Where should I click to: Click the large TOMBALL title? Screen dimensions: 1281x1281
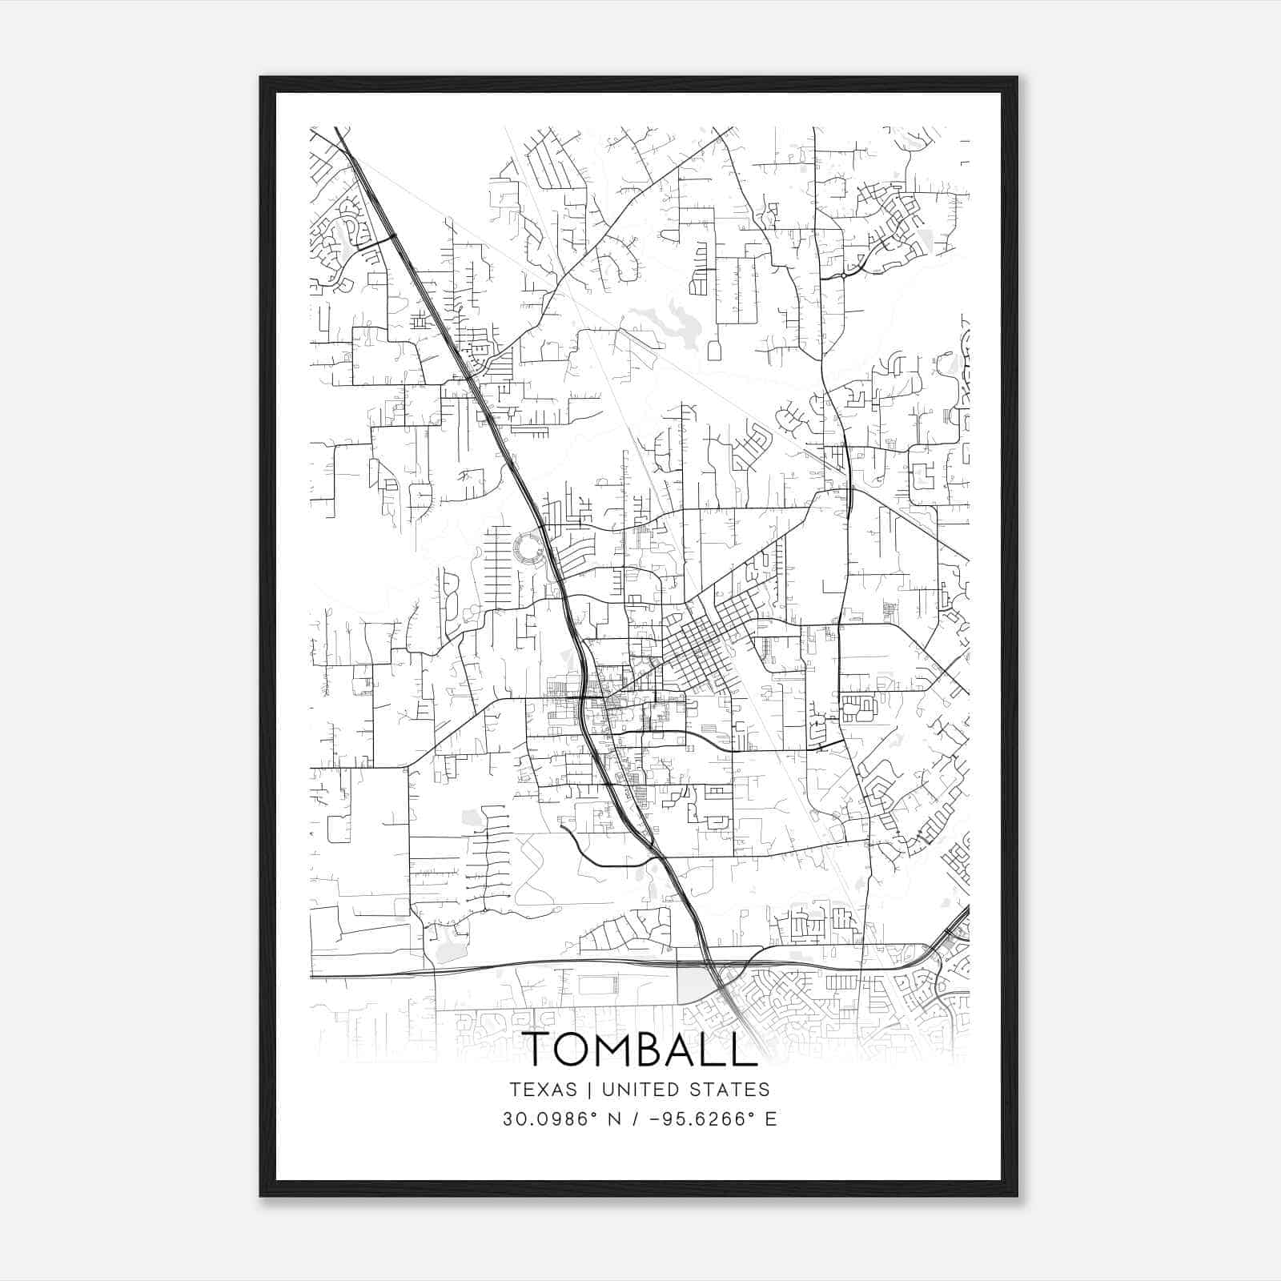[640, 1048]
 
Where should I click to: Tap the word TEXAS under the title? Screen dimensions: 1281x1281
[543, 1090]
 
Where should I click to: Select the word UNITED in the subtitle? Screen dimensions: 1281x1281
[641, 1090]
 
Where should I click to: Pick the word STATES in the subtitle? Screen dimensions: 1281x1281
[731, 1090]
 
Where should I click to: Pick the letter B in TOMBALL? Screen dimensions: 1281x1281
[671, 1048]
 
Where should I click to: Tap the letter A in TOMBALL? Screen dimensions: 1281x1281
[705, 1048]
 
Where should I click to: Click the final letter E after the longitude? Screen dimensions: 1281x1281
[771, 1119]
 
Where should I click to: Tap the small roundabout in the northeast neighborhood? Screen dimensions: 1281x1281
[844, 275]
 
